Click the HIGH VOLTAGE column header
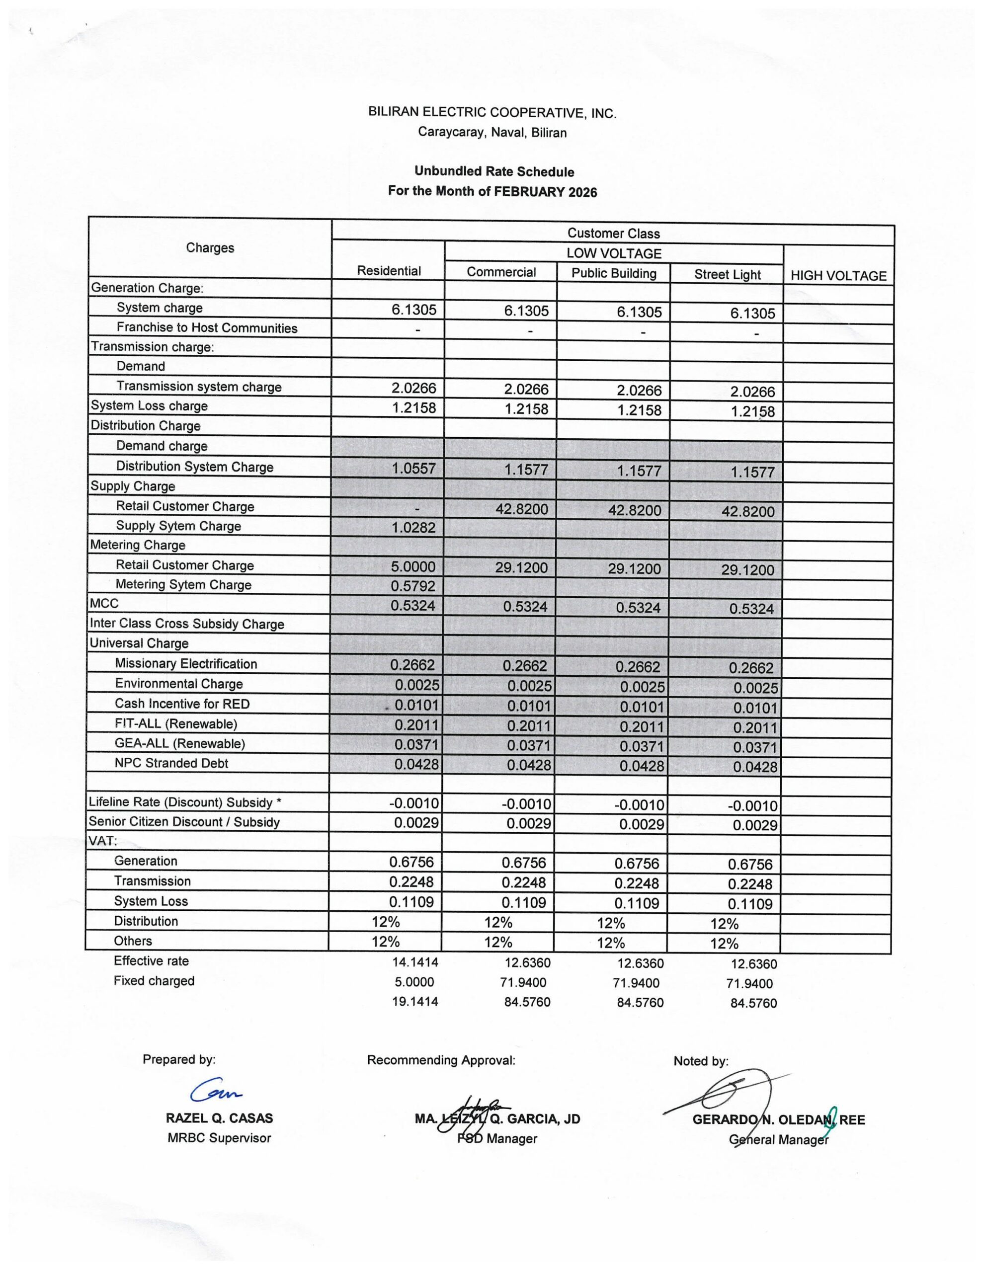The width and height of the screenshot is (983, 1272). (838, 276)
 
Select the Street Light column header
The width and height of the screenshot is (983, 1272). (727, 274)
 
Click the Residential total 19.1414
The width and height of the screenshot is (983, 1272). (415, 1002)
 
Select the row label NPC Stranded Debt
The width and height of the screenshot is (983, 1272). (171, 763)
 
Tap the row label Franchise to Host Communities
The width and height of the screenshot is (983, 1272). (207, 328)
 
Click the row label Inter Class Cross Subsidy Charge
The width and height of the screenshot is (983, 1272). (186, 624)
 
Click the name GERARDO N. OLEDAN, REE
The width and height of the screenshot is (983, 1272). (778, 1119)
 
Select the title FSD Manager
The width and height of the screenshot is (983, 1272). (496, 1139)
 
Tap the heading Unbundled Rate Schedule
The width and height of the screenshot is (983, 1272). (494, 172)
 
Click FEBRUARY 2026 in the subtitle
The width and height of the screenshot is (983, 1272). (545, 192)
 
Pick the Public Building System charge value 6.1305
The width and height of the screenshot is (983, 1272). (639, 312)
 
